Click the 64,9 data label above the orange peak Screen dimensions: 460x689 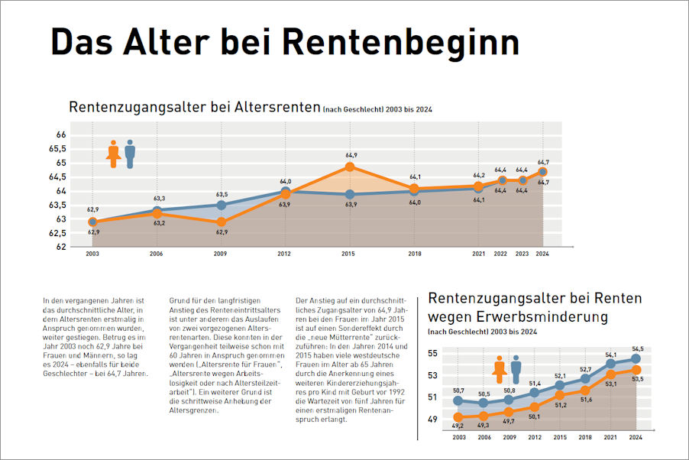point(351,155)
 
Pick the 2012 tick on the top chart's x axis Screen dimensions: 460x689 point(284,254)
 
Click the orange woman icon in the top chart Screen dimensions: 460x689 point(114,154)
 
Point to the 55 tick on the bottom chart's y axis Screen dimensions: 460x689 point(432,354)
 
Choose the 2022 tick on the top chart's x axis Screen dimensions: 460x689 point(500,254)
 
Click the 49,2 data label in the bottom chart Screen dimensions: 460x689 point(458,426)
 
